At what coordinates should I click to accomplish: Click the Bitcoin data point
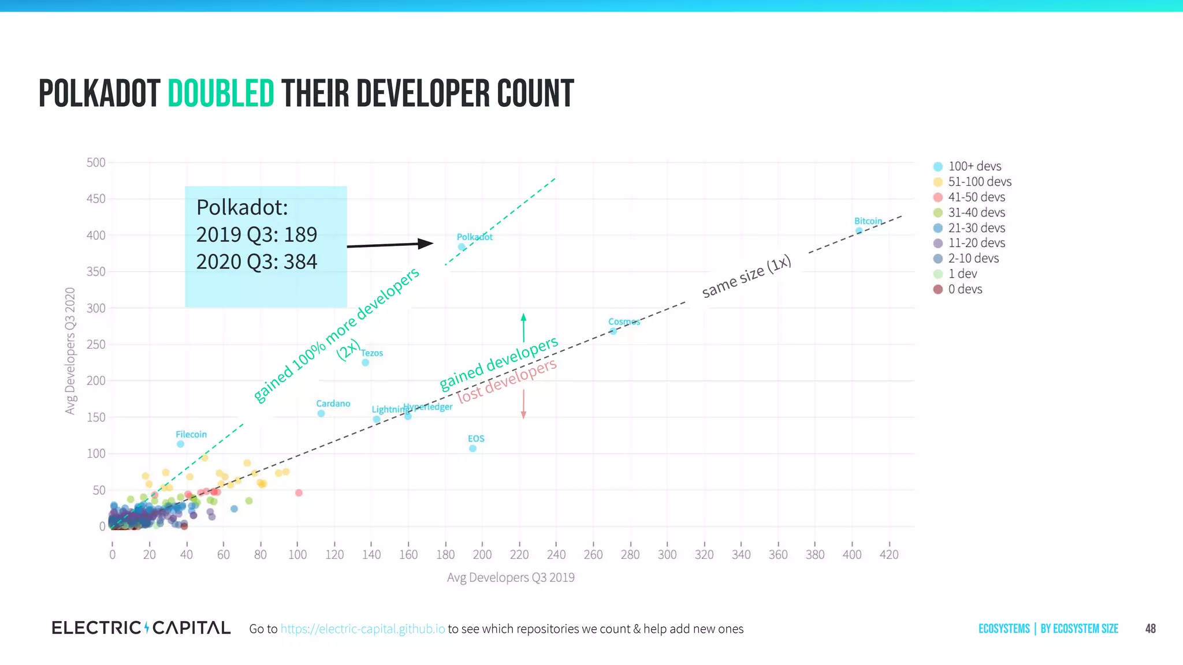pyautogui.click(x=859, y=231)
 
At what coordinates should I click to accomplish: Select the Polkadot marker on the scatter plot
pyautogui.click(x=462, y=247)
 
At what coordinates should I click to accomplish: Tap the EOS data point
pyautogui.click(x=473, y=449)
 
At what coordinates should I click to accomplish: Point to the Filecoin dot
pyautogui.click(x=180, y=444)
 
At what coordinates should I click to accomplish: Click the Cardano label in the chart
pyautogui.click(x=333, y=404)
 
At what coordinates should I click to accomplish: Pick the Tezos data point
pyautogui.click(x=365, y=363)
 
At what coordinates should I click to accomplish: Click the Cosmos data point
pyautogui.click(x=613, y=331)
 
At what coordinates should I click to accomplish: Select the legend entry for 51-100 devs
pyautogui.click(x=979, y=182)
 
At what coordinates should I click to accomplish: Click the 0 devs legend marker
pyautogui.click(x=938, y=289)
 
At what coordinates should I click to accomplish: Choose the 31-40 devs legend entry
pyautogui.click(x=976, y=212)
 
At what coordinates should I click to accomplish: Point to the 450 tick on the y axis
pyautogui.click(x=96, y=199)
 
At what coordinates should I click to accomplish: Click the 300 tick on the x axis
pyautogui.click(x=667, y=555)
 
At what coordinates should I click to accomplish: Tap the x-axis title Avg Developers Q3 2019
pyautogui.click(x=511, y=577)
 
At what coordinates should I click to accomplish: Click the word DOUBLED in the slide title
pyautogui.click(x=221, y=94)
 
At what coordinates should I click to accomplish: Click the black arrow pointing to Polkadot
pyautogui.click(x=390, y=245)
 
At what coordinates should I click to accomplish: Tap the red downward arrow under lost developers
pyautogui.click(x=523, y=404)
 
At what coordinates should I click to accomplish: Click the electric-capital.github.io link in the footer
pyautogui.click(x=363, y=629)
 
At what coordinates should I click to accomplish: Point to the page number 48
pyautogui.click(x=1150, y=629)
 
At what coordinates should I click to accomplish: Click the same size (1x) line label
pyautogui.click(x=746, y=277)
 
